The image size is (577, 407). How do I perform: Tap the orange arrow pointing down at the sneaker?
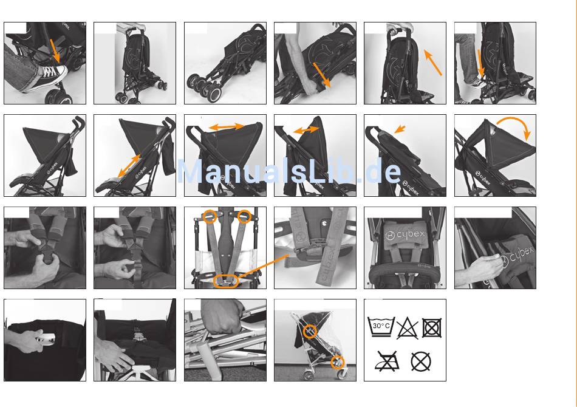tap(55, 51)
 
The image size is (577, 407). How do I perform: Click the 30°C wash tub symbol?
tap(381, 326)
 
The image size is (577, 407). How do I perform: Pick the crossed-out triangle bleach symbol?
tap(407, 328)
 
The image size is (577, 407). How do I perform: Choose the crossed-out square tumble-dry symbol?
tap(432, 327)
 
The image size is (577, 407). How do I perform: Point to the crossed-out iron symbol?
tap(387, 361)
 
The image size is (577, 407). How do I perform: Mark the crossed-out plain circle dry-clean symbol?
tap(421, 361)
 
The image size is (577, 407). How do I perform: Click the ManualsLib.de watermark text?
tap(289, 171)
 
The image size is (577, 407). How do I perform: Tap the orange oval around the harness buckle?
tap(225, 281)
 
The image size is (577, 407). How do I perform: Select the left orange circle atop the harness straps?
tap(210, 216)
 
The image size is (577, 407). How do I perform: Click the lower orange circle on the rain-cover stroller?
tap(338, 362)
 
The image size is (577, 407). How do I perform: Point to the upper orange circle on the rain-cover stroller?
tap(310, 331)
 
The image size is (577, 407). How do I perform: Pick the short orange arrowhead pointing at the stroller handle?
tap(400, 129)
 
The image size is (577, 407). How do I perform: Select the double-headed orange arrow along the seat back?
tap(129, 166)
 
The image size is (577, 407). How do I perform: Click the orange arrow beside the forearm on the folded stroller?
tap(322, 75)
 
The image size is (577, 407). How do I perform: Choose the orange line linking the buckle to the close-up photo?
tap(263, 266)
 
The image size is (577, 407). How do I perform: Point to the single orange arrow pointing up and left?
tap(432, 63)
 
